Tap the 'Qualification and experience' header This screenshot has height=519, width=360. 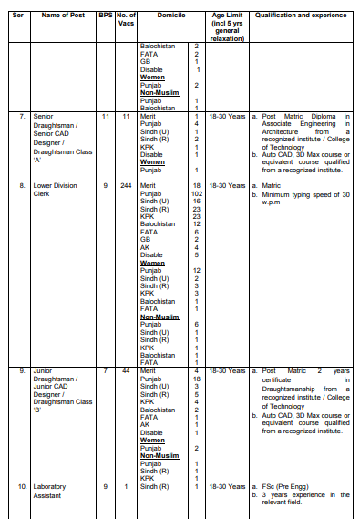point(300,16)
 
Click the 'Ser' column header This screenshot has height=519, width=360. point(17,16)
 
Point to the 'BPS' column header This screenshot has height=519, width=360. point(105,16)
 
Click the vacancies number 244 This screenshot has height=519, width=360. point(126,186)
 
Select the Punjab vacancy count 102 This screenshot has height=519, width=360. point(196,193)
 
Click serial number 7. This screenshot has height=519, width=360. point(22,117)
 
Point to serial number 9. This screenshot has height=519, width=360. point(22,371)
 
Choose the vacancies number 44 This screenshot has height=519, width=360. point(126,371)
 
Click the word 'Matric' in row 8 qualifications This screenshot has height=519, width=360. point(273,186)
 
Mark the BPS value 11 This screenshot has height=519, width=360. point(105,117)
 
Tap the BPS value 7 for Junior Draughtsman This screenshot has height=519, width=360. point(105,371)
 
